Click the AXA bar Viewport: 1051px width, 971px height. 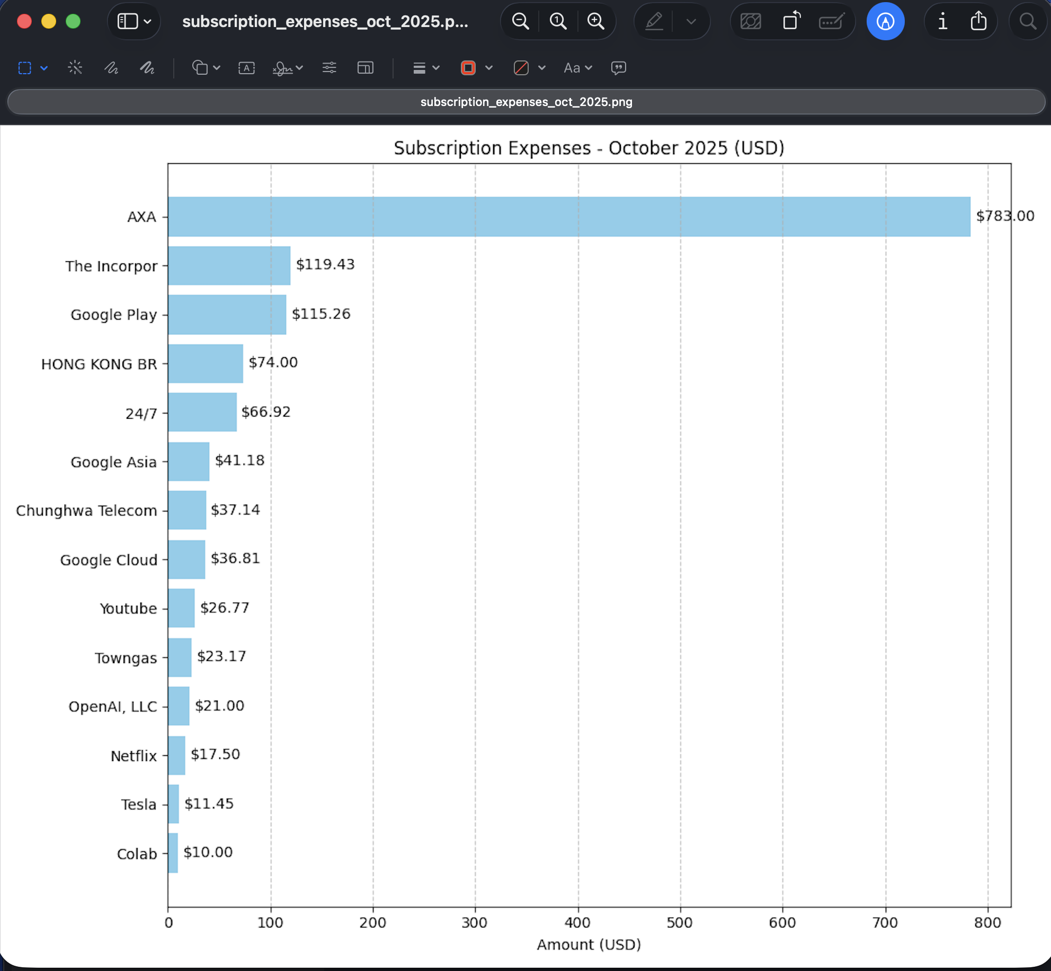[569, 217]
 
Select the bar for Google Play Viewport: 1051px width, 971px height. [227, 315]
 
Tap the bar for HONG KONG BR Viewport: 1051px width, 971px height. [206, 364]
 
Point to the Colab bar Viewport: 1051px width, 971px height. [173, 853]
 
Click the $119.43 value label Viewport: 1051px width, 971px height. [325, 264]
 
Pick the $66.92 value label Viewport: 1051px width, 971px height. [266, 412]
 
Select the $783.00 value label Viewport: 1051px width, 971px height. [1005, 216]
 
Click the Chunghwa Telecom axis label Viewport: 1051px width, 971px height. [86, 510]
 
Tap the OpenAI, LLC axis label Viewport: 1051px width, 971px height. [113, 707]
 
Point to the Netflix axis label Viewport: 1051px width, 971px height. [133, 756]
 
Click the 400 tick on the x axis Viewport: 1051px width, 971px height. [577, 923]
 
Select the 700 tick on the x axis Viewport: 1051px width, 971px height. [885, 923]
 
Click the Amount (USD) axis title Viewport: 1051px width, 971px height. [589, 944]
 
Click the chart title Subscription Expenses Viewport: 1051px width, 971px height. [589, 148]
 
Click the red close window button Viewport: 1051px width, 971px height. [24, 21]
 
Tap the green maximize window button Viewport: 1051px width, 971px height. [73, 21]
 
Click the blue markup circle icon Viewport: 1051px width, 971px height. [885, 21]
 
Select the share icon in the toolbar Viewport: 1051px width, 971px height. [978, 21]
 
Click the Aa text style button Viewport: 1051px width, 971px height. [577, 68]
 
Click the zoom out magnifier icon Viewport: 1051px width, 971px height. [520, 21]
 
